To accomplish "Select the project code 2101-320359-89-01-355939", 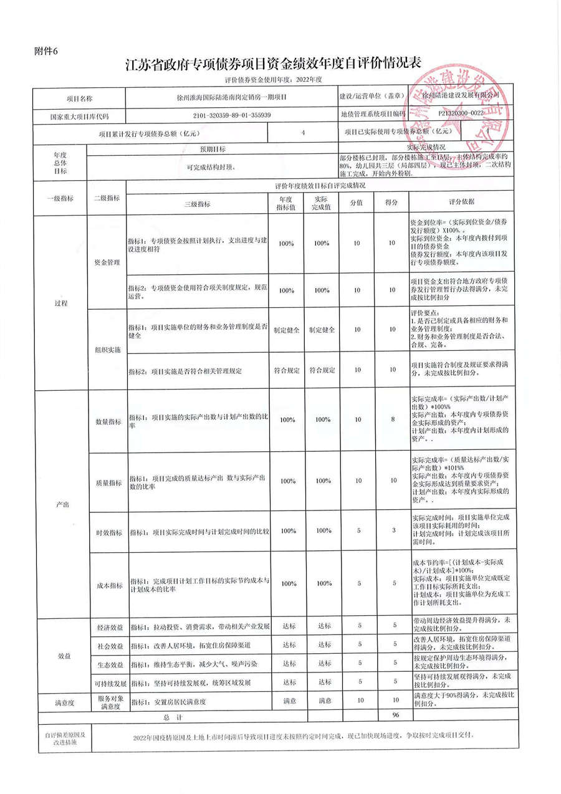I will (x=232, y=115).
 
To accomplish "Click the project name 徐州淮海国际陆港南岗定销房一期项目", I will (x=232, y=98).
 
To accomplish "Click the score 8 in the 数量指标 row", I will (x=393, y=419).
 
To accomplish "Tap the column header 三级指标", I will (x=197, y=204).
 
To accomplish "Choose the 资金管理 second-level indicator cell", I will (x=106, y=263).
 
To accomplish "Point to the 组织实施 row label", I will (x=106, y=350).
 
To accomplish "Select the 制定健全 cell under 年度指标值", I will (x=287, y=329).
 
